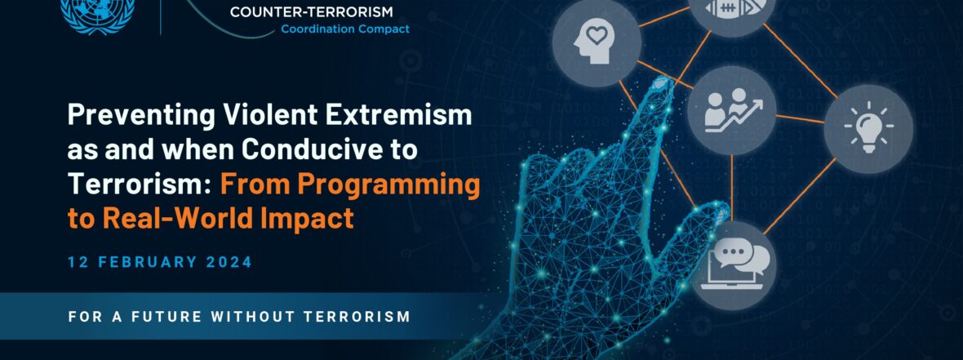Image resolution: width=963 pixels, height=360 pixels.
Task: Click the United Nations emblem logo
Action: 98,14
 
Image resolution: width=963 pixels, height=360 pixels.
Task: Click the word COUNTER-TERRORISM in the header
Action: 312,11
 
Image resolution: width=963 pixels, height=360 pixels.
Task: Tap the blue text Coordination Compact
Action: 345,29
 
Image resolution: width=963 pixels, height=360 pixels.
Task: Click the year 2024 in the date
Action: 229,262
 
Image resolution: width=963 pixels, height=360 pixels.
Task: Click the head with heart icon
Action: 597,42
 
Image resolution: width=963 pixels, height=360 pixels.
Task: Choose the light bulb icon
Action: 868,128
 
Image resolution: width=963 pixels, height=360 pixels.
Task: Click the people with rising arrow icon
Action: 732,110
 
